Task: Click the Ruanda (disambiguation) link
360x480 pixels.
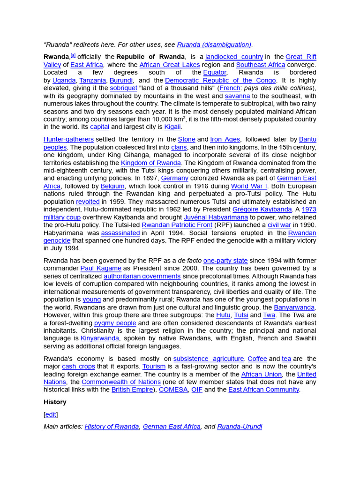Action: point(214,45)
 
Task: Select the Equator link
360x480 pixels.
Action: point(215,73)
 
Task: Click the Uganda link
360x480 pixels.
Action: point(64,80)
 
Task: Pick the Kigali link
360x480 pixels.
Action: point(172,127)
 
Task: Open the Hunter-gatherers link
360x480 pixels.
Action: point(68,139)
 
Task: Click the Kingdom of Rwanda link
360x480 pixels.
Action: point(150,163)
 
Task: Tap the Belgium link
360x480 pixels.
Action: point(112,186)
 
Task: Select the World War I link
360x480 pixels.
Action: point(249,186)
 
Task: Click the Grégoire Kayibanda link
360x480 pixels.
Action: point(262,210)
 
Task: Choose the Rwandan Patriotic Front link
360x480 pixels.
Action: point(177,225)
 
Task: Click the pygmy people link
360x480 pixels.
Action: point(115,323)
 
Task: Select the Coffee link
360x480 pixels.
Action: point(257,359)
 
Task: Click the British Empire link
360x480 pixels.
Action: point(132,390)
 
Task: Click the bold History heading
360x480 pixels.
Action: point(55,402)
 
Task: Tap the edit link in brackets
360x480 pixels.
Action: point(51,414)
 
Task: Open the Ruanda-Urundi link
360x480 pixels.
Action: point(240,427)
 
